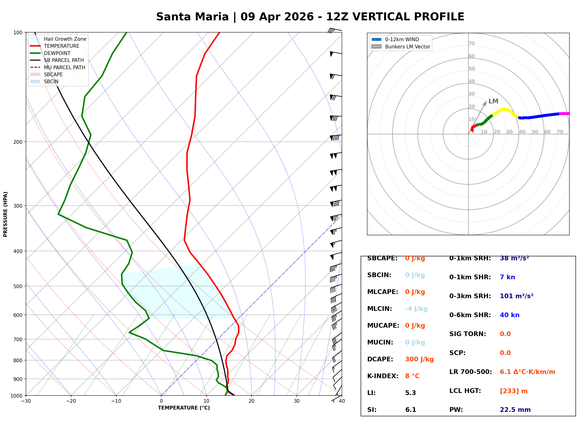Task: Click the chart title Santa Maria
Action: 192,17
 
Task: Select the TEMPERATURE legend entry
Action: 61,46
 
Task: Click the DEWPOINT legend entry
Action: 57,53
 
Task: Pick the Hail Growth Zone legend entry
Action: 65,39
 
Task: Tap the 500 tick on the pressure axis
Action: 18,286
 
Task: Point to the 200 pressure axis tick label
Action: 18,142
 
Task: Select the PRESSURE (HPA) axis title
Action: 5,214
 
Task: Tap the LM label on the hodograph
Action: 493,101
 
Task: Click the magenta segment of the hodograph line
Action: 564,113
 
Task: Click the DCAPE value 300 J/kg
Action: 419,359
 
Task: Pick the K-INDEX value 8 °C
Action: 412,376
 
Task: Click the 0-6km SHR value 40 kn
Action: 509,315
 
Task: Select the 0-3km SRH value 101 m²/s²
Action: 516,296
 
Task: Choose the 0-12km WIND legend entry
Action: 402,40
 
